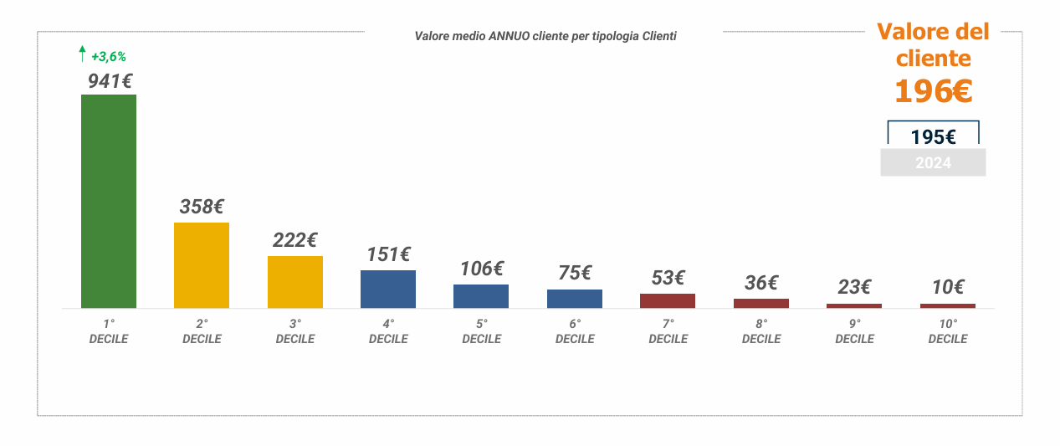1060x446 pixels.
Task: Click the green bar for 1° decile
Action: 109,201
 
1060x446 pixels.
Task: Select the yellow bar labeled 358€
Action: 202,264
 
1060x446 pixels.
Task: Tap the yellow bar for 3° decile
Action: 295,281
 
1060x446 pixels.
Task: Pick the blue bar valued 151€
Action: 388,289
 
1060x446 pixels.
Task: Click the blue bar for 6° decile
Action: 575,298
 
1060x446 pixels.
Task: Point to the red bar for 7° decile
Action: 668,300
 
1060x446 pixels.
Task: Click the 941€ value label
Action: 110,81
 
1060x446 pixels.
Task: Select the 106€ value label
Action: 482,269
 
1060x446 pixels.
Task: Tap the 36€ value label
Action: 761,283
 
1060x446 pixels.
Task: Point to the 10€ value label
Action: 948,287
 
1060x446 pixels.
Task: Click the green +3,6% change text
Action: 109,57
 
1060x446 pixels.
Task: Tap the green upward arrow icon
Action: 82,55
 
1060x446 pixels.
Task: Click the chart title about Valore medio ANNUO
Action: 545,36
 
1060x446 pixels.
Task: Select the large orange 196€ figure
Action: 933,91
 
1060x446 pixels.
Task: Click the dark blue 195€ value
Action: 933,137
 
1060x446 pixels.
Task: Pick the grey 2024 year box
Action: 933,163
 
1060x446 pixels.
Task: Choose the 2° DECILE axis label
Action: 202,331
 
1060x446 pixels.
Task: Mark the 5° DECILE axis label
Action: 482,331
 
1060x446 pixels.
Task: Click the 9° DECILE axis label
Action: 854,331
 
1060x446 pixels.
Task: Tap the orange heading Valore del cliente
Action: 933,45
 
